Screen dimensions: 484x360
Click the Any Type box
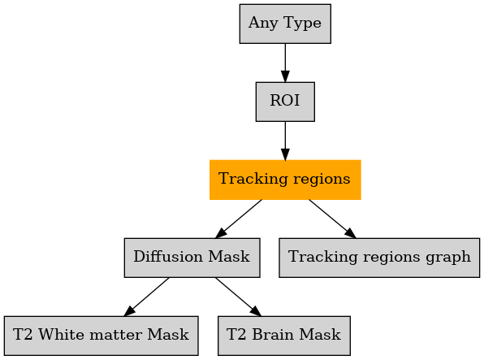tap(285, 24)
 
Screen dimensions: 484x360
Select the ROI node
tap(285, 102)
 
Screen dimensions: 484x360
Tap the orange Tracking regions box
tap(285, 180)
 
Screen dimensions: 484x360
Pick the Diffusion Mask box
tap(192, 258)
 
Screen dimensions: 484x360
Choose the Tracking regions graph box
tap(379, 258)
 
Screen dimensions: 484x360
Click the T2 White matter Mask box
tap(101, 336)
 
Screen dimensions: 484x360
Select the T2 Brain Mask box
tap(284, 336)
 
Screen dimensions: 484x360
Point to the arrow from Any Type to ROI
tap(285, 63)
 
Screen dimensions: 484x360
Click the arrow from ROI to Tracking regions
tap(285, 141)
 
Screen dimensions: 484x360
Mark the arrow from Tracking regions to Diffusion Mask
tap(238, 219)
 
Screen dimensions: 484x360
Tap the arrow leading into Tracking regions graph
tap(332, 219)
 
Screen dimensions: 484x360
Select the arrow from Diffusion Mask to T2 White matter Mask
tap(146, 297)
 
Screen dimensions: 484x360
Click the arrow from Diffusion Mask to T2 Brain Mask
tap(238, 297)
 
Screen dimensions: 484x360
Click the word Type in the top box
tap(302, 24)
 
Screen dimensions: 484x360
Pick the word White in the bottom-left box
tap(59, 335)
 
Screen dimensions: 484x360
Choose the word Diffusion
tap(168, 257)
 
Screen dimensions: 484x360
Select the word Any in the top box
tap(263, 24)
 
